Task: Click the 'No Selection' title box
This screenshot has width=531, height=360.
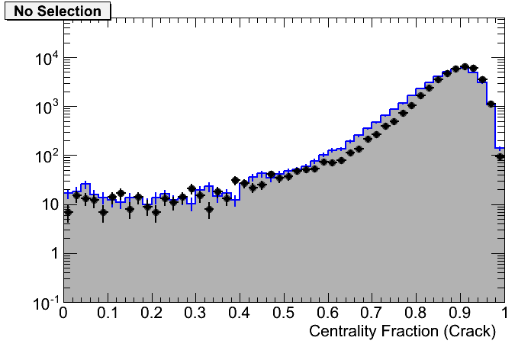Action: pos(57,11)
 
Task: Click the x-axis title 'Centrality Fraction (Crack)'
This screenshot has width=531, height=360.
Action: pos(402,331)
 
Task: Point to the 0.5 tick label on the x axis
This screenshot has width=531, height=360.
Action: pos(284,313)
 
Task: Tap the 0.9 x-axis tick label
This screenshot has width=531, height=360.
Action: pos(460,313)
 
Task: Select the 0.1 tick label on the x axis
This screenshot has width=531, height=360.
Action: pos(108,313)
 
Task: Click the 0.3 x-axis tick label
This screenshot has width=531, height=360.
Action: pos(195,313)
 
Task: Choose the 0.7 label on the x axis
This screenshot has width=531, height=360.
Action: pos(372,313)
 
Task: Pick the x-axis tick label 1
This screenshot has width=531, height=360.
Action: pos(504,313)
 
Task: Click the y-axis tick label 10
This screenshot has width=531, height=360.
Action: pos(47,205)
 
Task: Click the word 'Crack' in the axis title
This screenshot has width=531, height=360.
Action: pos(474,331)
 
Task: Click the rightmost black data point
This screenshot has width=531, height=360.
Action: pos(500,156)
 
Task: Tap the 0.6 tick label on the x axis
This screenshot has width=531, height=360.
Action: pos(328,313)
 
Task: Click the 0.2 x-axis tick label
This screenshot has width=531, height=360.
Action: pos(152,313)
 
